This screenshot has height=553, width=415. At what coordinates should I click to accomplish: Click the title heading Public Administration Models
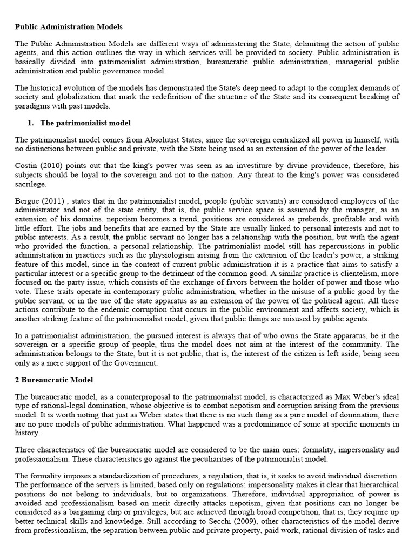click(69, 26)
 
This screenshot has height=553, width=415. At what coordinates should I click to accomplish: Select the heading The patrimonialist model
click(86, 123)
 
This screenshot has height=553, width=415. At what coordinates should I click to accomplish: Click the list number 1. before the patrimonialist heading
click(31, 123)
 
